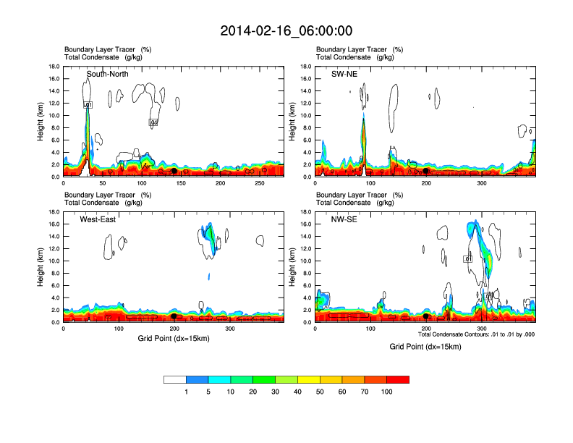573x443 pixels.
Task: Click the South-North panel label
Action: pyautogui.click(x=108, y=74)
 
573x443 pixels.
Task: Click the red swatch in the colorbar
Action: pyautogui.click(x=398, y=379)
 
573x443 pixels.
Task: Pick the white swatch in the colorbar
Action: pyautogui.click(x=175, y=379)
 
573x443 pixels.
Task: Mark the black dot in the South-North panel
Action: pyautogui.click(x=174, y=171)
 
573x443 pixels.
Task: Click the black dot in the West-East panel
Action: pyautogui.click(x=174, y=316)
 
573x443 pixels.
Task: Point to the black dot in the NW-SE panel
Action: pyautogui.click(x=425, y=316)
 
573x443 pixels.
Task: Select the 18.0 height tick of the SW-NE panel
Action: pyautogui.click(x=306, y=67)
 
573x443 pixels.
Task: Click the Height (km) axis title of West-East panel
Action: pyautogui.click(x=41, y=267)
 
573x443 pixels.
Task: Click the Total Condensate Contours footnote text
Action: pyautogui.click(x=476, y=334)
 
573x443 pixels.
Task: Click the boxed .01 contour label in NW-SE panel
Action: pyautogui.click(x=468, y=258)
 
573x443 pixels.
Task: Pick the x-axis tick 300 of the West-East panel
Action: pyautogui.click(x=231, y=329)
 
